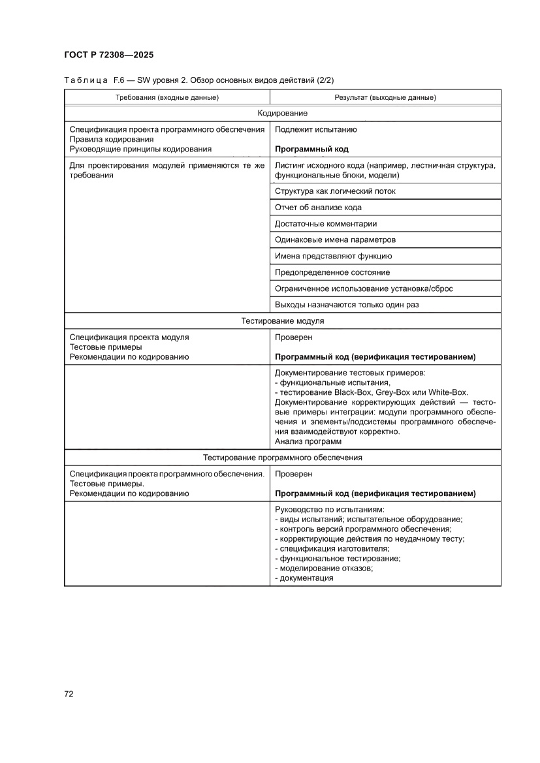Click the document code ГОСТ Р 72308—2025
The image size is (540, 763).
pyautogui.click(x=109, y=55)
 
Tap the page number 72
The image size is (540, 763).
pyautogui.click(x=69, y=694)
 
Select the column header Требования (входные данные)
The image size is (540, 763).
pyautogui.click(x=167, y=97)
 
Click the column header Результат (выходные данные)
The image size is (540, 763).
pyautogui.click(x=385, y=97)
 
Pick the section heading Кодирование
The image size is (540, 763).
pyautogui.click(x=282, y=114)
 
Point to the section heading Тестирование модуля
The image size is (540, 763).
pyautogui.click(x=282, y=321)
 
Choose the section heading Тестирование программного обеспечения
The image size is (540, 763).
pyautogui.click(x=282, y=458)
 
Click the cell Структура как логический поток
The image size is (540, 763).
pyautogui.click(x=335, y=191)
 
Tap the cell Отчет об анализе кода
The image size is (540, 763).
pyautogui.click(x=318, y=208)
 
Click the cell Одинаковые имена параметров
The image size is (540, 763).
pyautogui.click(x=335, y=240)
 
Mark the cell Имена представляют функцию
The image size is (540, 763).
pyautogui.click(x=333, y=257)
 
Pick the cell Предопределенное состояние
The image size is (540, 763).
pyautogui.click(x=332, y=273)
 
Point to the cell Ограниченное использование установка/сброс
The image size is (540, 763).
pyautogui.click(x=364, y=288)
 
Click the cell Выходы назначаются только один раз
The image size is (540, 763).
pyautogui.click(x=347, y=305)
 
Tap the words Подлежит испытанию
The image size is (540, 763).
pyautogui.click(x=315, y=129)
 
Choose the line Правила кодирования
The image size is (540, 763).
pyautogui.click(x=112, y=139)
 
